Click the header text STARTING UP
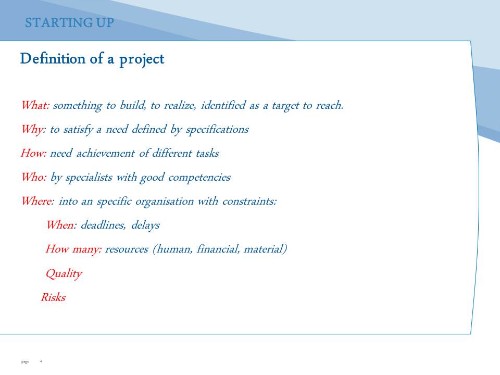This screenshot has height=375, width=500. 69,22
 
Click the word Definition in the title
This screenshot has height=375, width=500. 53,59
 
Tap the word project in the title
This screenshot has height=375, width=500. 142,60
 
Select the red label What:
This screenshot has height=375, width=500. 35,105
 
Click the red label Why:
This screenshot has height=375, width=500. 33,130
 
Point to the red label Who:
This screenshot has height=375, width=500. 34,177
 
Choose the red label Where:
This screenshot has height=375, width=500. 38,201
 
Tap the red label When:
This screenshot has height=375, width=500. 61,225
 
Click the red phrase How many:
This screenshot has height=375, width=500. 73,249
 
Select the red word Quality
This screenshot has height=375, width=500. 64,274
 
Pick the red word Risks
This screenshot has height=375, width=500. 53,297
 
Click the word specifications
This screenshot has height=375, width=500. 217,130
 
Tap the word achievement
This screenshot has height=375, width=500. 106,153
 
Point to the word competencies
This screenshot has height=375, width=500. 199,178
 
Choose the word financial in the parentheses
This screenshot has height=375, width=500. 218,249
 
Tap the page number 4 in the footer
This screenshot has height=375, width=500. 41,361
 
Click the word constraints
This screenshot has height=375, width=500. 249,201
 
